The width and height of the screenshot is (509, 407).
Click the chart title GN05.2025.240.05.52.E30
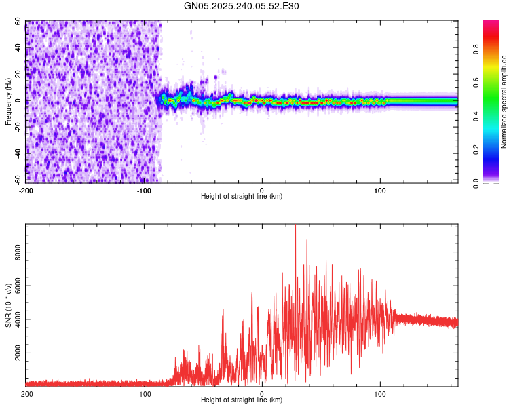[242, 6]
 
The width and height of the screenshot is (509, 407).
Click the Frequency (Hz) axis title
[8, 102]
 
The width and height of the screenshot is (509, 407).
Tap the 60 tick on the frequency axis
[19, 21]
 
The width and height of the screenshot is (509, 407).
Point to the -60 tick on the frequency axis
[18, 180]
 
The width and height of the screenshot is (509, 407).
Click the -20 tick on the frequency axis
[18, 127]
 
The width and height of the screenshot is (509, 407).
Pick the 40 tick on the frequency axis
[19, 47]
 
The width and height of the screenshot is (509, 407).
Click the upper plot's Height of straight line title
[242, 196]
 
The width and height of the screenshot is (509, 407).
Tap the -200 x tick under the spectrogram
[26, 189]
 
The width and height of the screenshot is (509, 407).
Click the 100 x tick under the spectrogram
[380, 189]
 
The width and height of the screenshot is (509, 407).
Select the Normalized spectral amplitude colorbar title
[504, 102]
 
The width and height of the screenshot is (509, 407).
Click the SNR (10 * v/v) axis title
[8, 305]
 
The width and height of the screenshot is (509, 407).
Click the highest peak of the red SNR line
[295, 226]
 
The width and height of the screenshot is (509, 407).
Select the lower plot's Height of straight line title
[242, 400]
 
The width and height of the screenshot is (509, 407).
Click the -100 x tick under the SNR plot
[144, 393]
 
